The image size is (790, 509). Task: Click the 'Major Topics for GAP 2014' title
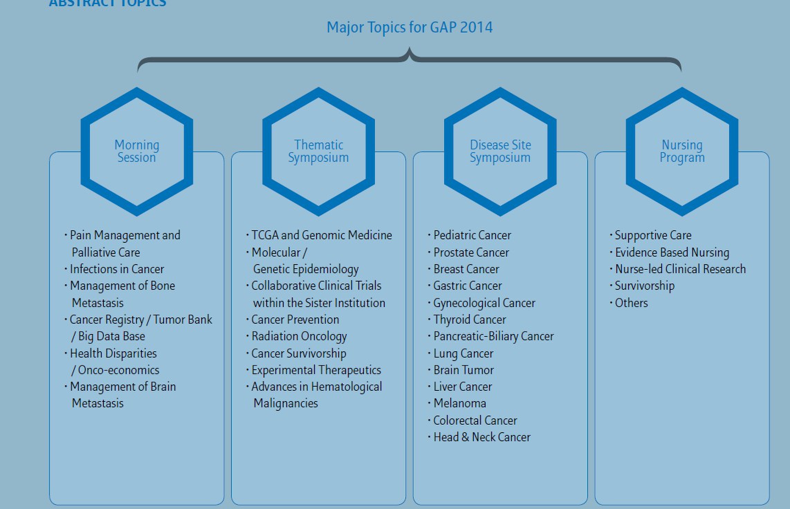[x=410, y=27]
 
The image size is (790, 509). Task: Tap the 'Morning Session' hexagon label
[x=137, y=151]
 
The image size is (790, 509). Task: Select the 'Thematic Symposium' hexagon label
[x=318, y=151]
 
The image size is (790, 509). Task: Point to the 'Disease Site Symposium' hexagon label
[x=500, y=151]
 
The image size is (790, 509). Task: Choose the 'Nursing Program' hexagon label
[x=682, y=151]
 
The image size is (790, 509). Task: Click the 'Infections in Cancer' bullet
[x=117, y=269]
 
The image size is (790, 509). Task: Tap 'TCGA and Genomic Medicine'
[x=322, y=235]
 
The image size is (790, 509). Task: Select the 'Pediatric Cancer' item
[x=472, y=235]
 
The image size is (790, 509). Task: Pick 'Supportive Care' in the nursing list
[x=653, y=235]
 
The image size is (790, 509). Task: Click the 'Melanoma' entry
[x=460, y=403]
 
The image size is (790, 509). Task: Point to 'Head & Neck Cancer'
[x=482, y=437]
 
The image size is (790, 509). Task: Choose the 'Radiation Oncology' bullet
[x=299, y=336]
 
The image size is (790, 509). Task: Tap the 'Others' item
[x=631, y=303]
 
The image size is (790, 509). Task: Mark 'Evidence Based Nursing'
[x=672, y=252]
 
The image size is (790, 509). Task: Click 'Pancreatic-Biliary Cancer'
[x=494, y=336]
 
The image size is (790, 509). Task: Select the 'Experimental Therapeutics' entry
[x=316, y=370]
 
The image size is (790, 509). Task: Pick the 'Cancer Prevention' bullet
[x=295, y=320]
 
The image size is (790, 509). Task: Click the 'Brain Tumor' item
[x=463, y=370]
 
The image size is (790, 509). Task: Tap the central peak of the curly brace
[x=410, y=48]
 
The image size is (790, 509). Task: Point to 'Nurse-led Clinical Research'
[x=680, y=269]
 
